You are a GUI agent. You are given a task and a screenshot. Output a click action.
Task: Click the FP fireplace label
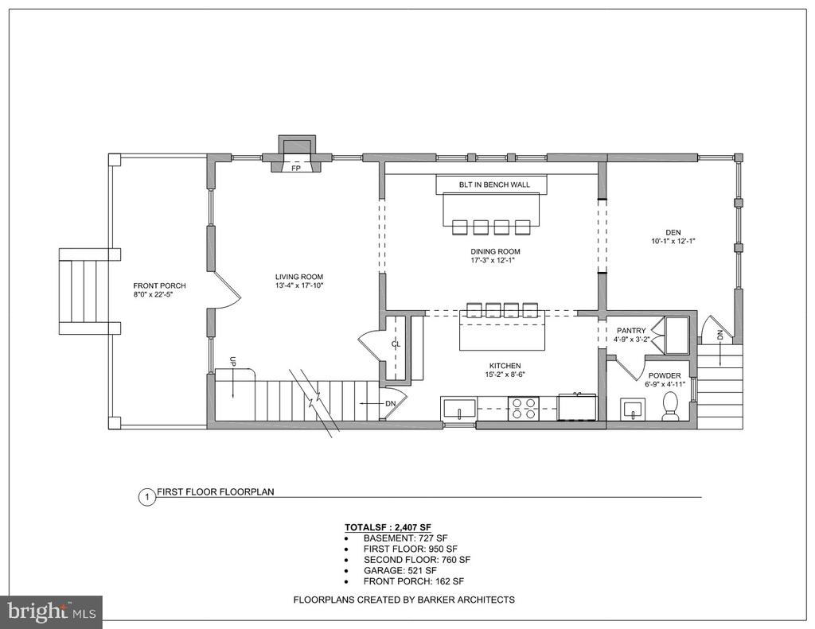(296, 169)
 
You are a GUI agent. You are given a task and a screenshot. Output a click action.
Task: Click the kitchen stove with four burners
(524, 408)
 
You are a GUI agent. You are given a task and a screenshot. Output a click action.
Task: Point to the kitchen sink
(459, 408)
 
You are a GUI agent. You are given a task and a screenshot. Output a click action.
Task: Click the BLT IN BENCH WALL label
(494, 184)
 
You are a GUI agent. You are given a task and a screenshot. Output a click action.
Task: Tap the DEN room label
(673, 232)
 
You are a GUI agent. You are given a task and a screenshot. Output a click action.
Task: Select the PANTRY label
(631, 330)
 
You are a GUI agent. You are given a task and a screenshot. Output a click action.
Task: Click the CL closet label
(396, 344)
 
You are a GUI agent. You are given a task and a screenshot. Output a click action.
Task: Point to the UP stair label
(233, 362)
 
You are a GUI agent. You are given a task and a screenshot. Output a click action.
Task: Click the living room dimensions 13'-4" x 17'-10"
(300, 285)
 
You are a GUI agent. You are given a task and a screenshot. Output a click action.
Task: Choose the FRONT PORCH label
(159, 285)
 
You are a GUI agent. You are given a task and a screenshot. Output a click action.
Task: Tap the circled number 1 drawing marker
(147, 498)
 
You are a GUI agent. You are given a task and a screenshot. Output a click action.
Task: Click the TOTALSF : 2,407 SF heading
(388, 526)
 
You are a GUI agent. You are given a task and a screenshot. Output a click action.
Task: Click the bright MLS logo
(52, 612)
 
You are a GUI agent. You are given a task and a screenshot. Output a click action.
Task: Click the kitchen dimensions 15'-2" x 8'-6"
(505, 374)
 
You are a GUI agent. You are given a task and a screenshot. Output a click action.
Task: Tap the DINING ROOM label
(495, 251)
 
